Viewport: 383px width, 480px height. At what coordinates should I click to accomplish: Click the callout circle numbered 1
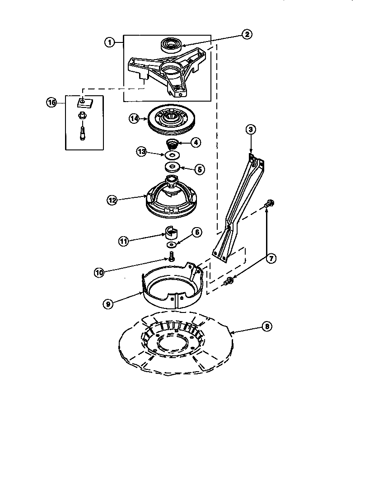tap(109, 42)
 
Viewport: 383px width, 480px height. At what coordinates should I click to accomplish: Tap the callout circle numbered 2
tap(246, 33)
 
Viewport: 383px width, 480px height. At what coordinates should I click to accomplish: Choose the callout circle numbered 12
tap(112, 199)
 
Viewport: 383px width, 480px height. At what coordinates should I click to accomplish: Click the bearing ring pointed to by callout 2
tap(171, 46)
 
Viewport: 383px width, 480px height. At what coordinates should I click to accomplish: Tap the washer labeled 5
tap(173, 168)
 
